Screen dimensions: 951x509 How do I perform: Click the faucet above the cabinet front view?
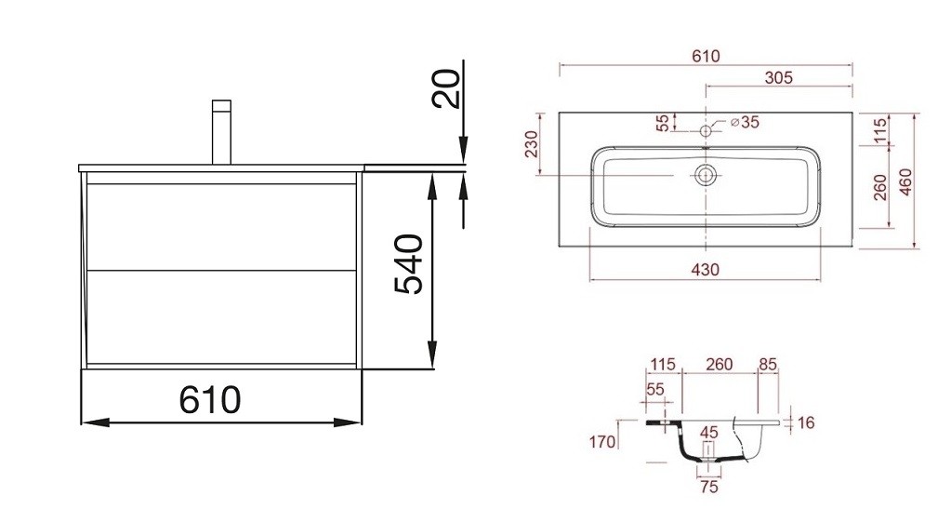point(222,132)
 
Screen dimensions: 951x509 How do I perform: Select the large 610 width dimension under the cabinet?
point(210,400)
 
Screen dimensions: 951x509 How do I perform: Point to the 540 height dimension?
point(409,264)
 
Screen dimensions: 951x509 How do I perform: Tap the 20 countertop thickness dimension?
point(447,88)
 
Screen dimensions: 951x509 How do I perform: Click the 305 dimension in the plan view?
point(779,78)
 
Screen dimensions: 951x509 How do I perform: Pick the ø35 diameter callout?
point(746,122)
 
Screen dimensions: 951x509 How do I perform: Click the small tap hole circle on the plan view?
point(706,130)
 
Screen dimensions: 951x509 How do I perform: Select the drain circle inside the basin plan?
point(706,176)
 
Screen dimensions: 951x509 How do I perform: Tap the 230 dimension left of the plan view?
point(532,144)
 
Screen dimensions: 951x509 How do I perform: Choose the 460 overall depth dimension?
point(905,182)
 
